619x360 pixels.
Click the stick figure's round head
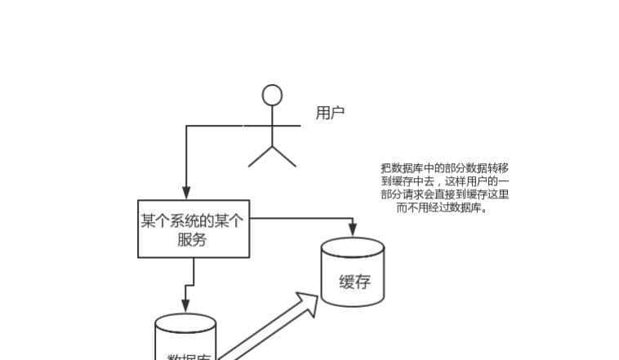click(272, 96)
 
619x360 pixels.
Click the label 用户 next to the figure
click(330, 113)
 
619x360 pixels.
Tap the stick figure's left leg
click(261, 157)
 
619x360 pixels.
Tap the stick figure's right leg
click(284, 157)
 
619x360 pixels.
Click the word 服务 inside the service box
click(193, 240)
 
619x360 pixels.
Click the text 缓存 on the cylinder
click(354, 282)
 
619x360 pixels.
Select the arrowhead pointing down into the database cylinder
click(185, 307)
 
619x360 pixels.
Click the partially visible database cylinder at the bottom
click(185, 339)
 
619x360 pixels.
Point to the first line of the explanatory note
click(445, 167)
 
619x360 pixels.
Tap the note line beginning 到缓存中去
click(445, 180)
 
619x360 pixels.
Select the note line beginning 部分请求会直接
click(445, 194)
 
